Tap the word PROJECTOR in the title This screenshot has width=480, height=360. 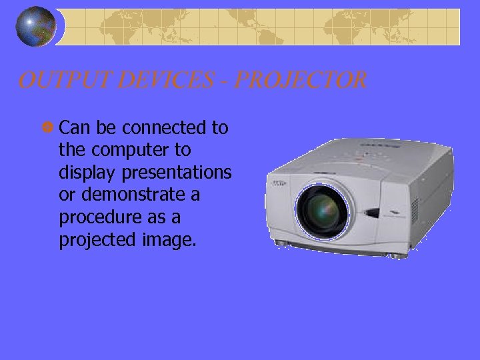301,81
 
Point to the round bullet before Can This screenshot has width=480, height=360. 51,127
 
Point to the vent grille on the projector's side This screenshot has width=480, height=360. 415,209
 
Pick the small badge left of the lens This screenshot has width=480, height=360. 279,182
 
